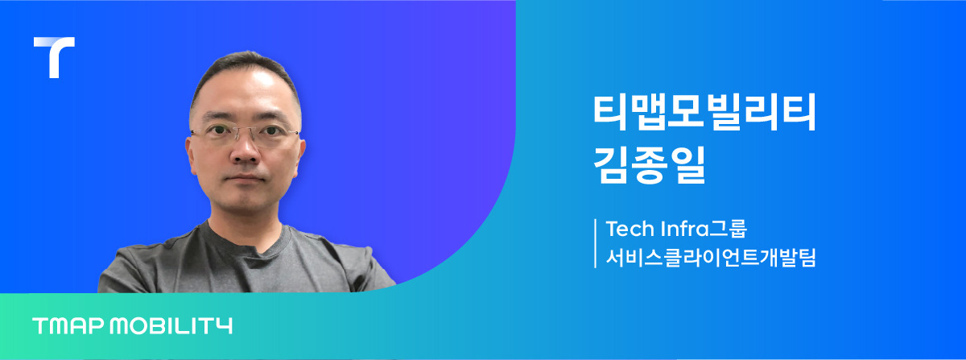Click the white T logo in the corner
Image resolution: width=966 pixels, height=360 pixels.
pyautogui.click(x=54, y=56)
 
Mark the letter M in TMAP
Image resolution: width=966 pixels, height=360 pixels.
pyautogui.click(x=58, y=326)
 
